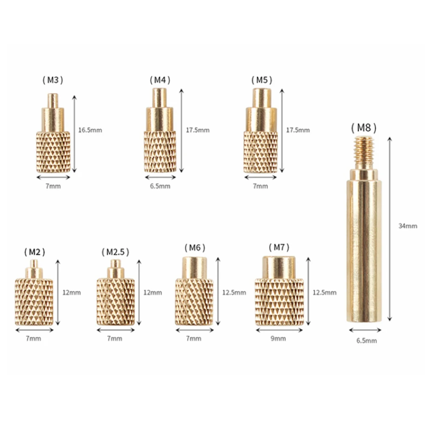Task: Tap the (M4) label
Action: click(160, 80)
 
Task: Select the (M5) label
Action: click(261, 80)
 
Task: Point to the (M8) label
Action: click(363, 127)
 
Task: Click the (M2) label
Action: click(34, 252)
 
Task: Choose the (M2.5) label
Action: click(115, 252)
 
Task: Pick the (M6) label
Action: click(194, 248)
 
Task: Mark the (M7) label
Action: click(279, 248)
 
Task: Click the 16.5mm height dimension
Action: click(90, 130)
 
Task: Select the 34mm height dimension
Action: click(408, 226)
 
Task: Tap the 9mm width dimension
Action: click(279, 338)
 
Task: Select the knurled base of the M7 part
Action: click(279, 302)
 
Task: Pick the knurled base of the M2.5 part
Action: click(115, 302)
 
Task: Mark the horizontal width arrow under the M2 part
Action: click(34, 330)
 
